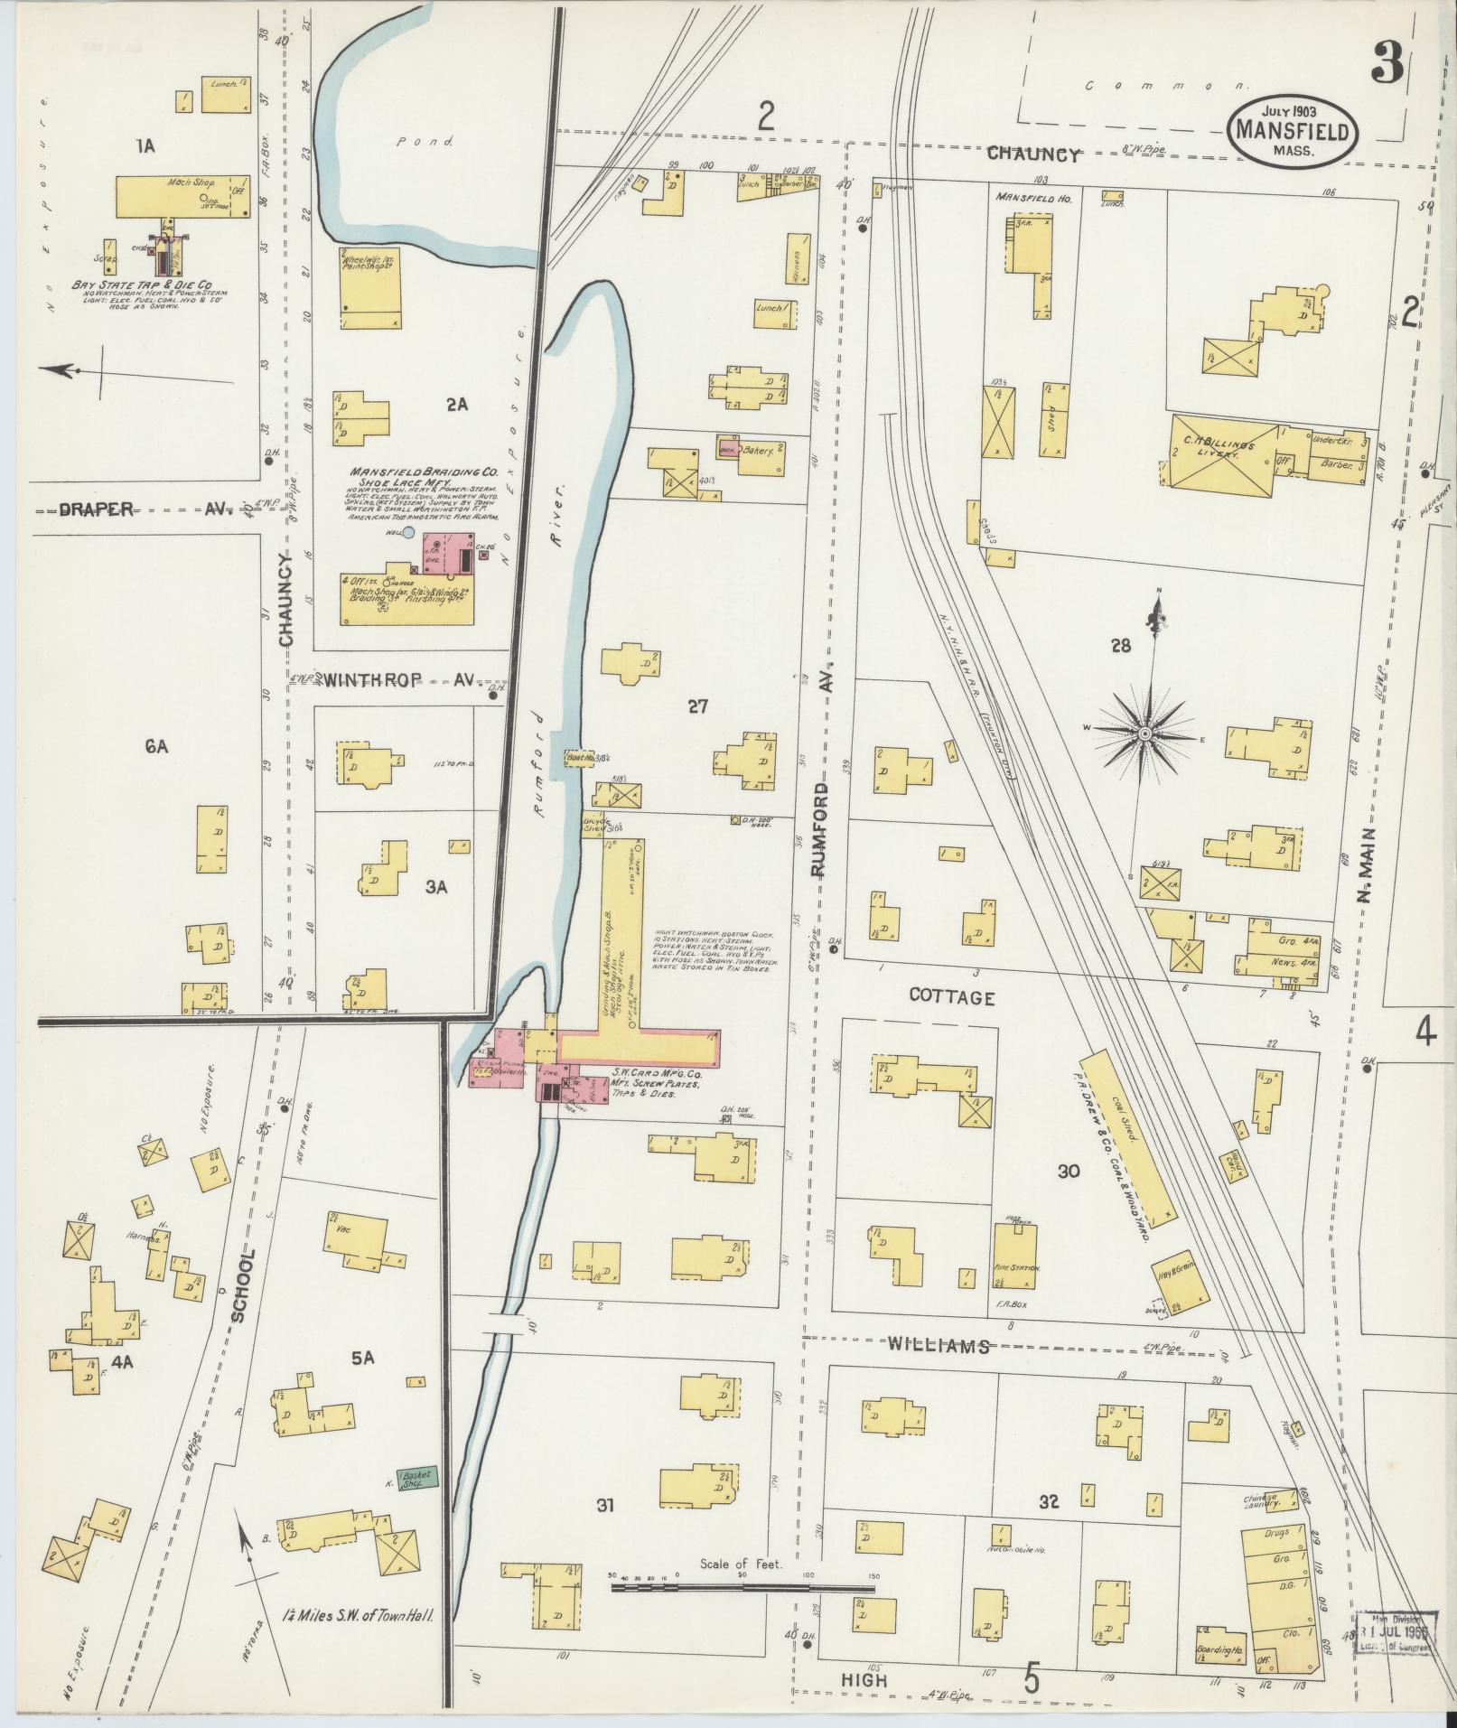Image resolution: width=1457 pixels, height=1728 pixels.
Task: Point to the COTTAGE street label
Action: tap(951, 997)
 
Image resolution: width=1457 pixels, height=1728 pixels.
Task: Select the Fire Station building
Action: tap(1016, 1256)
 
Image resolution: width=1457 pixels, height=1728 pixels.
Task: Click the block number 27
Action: tap(696, 706)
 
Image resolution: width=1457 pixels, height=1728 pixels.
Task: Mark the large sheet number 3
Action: tap(1387, 63)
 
